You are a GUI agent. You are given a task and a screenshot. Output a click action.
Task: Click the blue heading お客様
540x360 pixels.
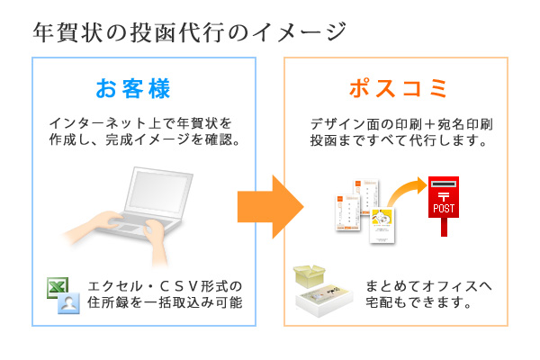[x=132, y=89]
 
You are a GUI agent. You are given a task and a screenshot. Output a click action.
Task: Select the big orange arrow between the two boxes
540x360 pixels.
[x=269, y=205]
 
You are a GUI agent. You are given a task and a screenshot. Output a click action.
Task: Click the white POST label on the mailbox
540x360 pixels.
[x=444, y=209]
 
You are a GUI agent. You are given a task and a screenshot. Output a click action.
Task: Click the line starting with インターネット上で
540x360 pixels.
[x=139, y=123]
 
